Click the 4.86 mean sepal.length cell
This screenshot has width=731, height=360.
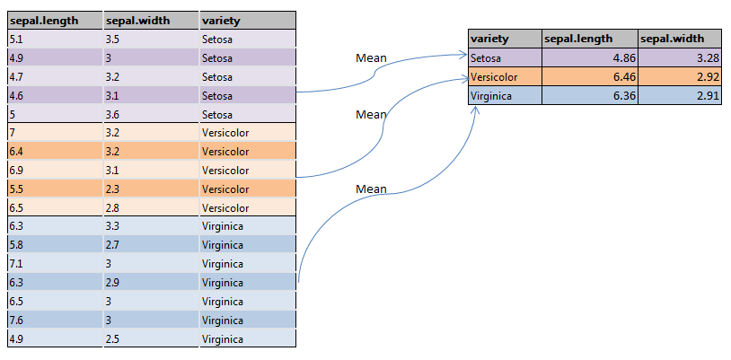[589, 58]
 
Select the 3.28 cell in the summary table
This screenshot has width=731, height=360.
[680, 58]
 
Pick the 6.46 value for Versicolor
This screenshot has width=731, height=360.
[589, 77]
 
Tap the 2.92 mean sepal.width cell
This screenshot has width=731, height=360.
[680, 77]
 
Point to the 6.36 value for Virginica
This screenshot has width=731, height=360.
[589, 96]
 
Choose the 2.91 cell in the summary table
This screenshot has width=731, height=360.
[680, 96]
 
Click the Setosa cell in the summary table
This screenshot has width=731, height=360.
[505, 58]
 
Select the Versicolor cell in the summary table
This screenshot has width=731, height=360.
[505, 77]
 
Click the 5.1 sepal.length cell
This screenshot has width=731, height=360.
[54, 39]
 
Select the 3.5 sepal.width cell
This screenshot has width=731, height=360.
[151, 39]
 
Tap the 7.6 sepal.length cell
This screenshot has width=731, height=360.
[54, 320]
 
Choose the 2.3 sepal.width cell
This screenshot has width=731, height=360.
[151, 189]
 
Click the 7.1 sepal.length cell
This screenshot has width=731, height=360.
[54, 264]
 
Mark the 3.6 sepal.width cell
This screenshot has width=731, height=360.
[151, 114]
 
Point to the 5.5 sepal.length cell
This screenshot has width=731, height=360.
[54, 189]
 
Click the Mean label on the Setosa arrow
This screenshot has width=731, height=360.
[371, 58]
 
